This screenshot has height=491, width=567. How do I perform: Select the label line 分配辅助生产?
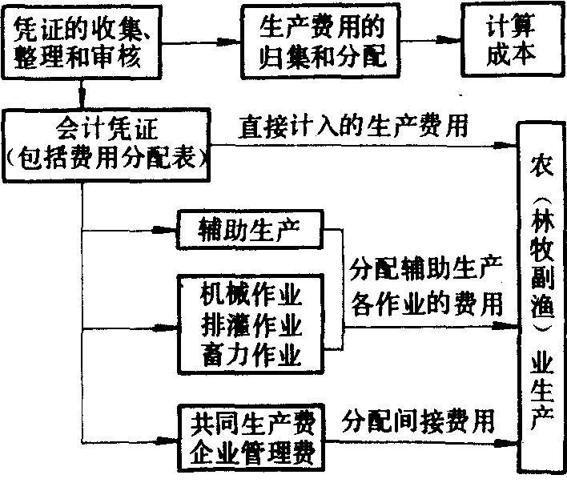click(427, 271)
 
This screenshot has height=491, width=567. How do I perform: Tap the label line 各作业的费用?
click(427, 304)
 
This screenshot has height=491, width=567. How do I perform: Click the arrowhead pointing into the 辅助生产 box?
click(170, 231)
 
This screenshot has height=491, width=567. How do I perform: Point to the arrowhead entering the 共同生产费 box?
click(170, 438)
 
